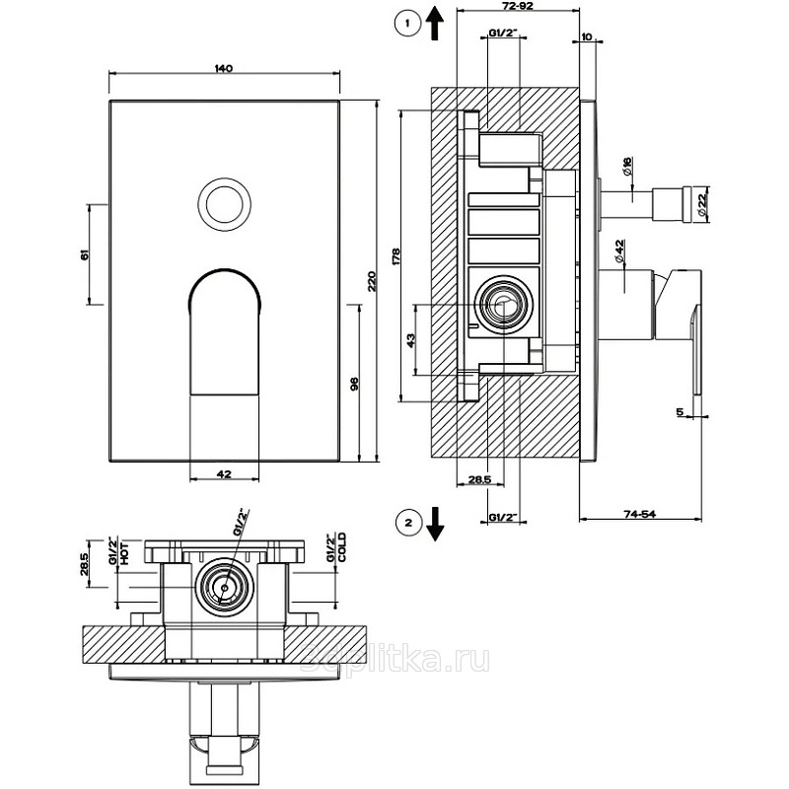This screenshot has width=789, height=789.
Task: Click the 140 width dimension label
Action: click(223, 68)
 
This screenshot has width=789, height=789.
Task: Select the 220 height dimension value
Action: click(372, 280)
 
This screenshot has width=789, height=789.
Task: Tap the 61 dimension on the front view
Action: click(86, 253)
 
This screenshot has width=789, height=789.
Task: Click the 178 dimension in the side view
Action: click(395, 255)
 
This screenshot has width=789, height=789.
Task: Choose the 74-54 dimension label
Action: click(641, 513)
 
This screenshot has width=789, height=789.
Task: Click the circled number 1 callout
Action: click(402, 23)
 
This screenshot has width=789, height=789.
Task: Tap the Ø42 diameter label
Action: click(619, 251)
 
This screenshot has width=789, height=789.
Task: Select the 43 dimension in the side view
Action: click(410, 339)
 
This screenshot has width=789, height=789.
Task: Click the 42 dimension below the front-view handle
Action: click(223, 474)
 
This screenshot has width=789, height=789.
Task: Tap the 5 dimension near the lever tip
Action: click(681, 412)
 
